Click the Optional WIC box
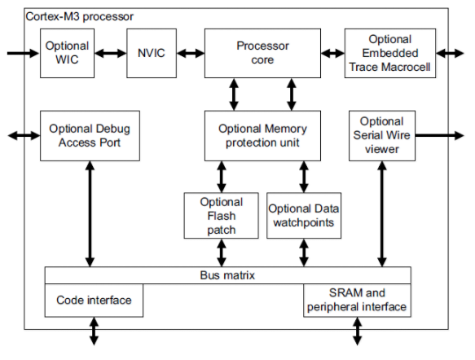point(68,53)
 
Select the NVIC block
point(152,53)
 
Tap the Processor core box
point(262,53)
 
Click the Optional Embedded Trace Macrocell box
point(390,53)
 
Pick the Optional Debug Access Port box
point(90,136)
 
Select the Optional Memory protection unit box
point(262,136)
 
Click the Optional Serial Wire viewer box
point(382,136)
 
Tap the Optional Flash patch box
point(222,216)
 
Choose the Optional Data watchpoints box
point(304,216)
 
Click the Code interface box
point(94,301)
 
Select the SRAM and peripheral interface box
point(357,301)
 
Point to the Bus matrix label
point(227,275)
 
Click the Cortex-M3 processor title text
point(79,16)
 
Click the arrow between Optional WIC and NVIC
point(111,54)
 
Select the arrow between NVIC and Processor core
point(191,54)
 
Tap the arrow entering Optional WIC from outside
point(24,54)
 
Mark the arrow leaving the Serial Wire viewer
point(439,136)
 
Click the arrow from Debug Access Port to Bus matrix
point(90,213)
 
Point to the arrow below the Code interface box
point(95,331)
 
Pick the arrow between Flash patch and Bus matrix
point(222,252)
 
